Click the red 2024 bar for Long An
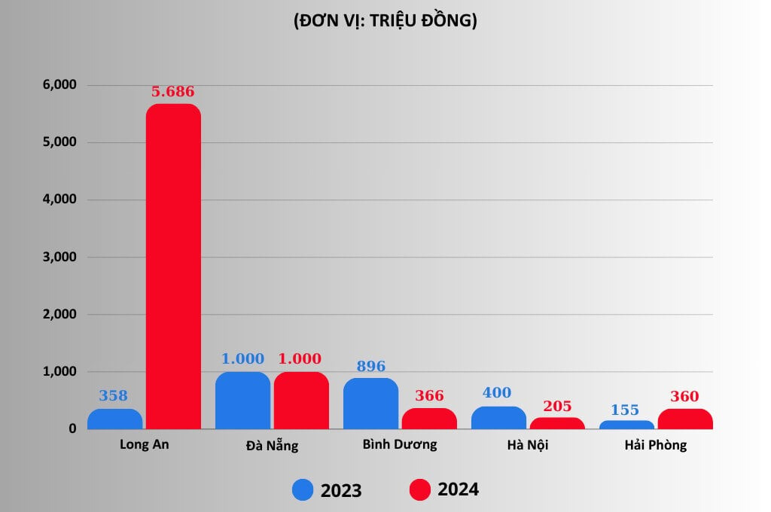173,267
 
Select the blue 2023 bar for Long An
114,419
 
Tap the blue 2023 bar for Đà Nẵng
242,401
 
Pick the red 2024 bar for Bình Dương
429,419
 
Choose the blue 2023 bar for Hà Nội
498,418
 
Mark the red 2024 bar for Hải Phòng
685,419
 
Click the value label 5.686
172,92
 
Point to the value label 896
370,367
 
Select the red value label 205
556,406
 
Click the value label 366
429,396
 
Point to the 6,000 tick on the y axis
59,85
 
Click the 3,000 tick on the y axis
59,257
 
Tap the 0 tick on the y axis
72,428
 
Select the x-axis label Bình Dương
399,444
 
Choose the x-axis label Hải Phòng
655,445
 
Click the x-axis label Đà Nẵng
272,445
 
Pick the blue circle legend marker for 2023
303,490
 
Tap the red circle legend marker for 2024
420,490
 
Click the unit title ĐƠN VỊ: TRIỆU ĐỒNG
385,22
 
